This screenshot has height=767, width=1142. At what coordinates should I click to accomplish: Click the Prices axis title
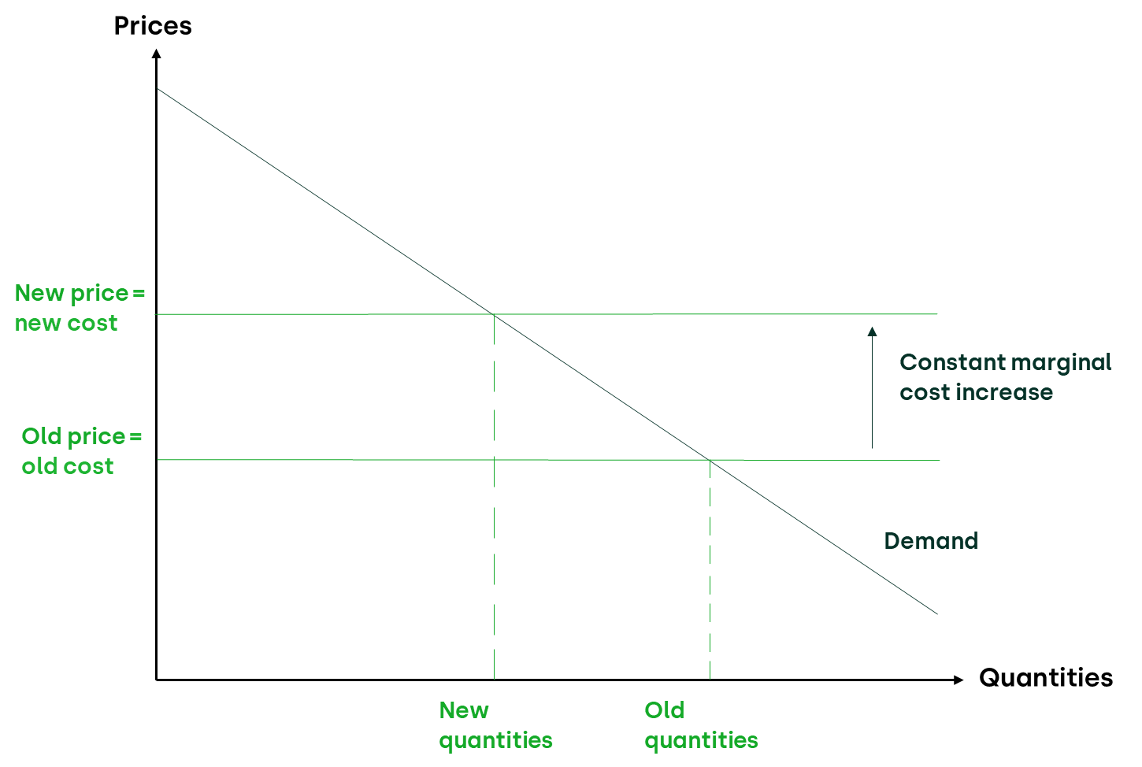pyautogui.click(x=152, y=26)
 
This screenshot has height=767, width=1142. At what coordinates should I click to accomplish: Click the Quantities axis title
pyautogui.click(x=1045, y=678)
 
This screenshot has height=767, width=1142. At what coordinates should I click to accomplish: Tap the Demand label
pyautogui.click(x=931, y=541)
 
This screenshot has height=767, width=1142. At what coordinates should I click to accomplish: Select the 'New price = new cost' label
pyautogui.click(x=80, y=308)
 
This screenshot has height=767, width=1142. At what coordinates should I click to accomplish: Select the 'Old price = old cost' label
pyautogui.click(x=81, y=451)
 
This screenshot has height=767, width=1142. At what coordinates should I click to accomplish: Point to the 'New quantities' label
pyautogui.click(x=495, y=725)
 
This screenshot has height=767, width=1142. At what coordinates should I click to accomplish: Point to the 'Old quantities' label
pyautogui.click(x=701, y=725)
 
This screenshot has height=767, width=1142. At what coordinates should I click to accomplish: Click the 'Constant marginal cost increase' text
pyautogui.click(x=1005, y=377)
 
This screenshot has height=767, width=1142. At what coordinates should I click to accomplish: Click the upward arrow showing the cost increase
pyautogui.click(x=872, y=387)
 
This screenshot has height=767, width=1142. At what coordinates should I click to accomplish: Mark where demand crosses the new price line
pyautogui.click(x=494, y=314)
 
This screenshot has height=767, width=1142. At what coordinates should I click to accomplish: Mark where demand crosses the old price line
pyautogui.click(x=710, y=460)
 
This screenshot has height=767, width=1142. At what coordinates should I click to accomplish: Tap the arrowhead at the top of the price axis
pyautogui.click(x=156, y=53)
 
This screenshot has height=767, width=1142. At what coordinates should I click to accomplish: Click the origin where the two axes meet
pyautogui.click(x=157, y=679)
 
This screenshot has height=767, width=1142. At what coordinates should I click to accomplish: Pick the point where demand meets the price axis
pyautogui.click(x=157, y=89)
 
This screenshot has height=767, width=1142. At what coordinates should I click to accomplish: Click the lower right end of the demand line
pyautogui.click(x=936, y=613)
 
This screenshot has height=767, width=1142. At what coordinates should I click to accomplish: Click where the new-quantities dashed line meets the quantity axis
pyautogui.click(x=494, y=679)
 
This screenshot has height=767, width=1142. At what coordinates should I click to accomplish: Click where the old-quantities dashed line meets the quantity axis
pyautogui.click(x=710, y=679)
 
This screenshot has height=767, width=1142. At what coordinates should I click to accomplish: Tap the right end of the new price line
pyautogui.click(x=936, y=314)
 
